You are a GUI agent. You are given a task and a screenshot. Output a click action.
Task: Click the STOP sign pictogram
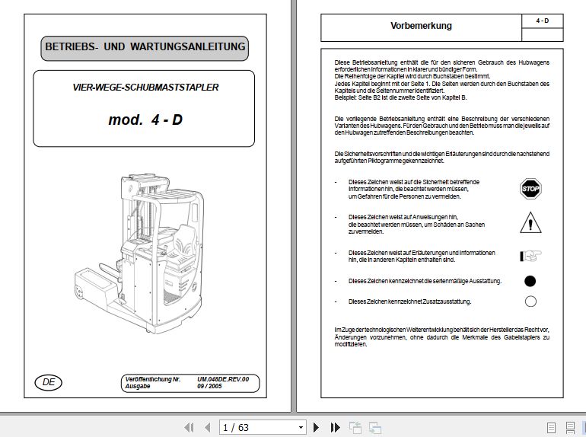[x=530, y=189]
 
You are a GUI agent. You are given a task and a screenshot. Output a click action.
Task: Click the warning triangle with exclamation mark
[x=530, y=222]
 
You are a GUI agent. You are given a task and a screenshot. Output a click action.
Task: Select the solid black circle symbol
[x=530, y=281]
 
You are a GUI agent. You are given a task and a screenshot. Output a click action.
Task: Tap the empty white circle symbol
[x=530, y=301]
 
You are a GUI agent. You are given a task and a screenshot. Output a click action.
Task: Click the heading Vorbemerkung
[x=421, y=26]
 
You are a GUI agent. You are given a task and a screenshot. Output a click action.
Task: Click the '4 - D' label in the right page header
[x=542, y=21]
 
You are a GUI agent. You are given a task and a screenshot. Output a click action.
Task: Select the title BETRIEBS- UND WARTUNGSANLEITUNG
[x=145, y=47]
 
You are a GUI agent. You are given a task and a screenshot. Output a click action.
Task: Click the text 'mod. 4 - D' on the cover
[x=145, y=120]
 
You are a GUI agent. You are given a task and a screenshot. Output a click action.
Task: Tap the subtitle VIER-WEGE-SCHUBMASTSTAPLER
[x=145, y=88]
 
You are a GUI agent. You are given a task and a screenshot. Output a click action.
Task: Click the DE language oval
[x=49, y=382]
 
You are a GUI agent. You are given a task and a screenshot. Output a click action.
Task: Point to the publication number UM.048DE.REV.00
[x=223, y=378]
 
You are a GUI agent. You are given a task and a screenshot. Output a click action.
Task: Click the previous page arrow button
[x=206, y=427]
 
